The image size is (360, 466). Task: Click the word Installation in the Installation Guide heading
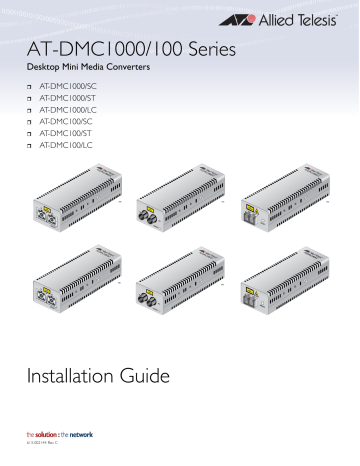tap(79, 376)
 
